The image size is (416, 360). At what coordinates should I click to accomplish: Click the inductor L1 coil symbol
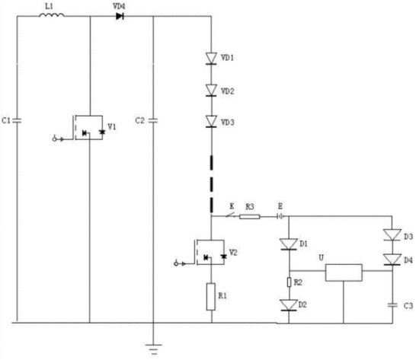(52, 15)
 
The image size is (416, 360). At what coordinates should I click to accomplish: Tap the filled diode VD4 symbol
(120, 17)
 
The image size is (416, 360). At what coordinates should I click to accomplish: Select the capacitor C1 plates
(18, 121)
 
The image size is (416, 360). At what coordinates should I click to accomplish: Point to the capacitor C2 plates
(153, 121)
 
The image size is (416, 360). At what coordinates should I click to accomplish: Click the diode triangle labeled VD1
(212, 59)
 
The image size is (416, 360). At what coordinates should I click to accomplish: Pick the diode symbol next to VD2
(212, 91)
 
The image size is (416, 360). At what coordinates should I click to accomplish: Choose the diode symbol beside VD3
(212, 122)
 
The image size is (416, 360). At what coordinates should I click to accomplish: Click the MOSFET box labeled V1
(88, 128)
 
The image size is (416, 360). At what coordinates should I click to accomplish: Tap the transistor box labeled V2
(210, 253)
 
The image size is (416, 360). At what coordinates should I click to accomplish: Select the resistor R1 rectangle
(211, 297)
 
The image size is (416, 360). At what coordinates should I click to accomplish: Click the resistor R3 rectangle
(249, 217)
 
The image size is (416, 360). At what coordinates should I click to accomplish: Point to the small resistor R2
(290, 282)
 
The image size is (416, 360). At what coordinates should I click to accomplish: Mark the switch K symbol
(231, 215)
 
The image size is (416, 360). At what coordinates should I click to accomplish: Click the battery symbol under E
(280, 217)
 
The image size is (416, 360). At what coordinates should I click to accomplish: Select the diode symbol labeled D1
(289, 244)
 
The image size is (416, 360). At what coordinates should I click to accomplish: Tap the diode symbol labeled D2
(289, 305)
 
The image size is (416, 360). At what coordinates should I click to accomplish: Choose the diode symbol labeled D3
(392, 235)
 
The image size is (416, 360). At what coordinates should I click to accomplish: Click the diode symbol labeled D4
(392, 260)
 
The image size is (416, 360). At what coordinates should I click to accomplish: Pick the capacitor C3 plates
(392, 305)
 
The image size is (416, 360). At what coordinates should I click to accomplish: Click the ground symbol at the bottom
(153, 349)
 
